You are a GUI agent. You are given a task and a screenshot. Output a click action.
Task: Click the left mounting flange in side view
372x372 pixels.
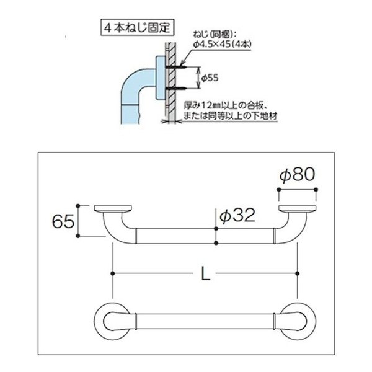(113, 209)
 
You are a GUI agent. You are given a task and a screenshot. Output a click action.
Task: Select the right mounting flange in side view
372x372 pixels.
(298, 209)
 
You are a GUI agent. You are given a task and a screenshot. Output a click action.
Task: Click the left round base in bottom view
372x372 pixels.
(113, 320)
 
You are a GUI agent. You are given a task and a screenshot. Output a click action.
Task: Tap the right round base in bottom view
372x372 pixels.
(298, 320)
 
